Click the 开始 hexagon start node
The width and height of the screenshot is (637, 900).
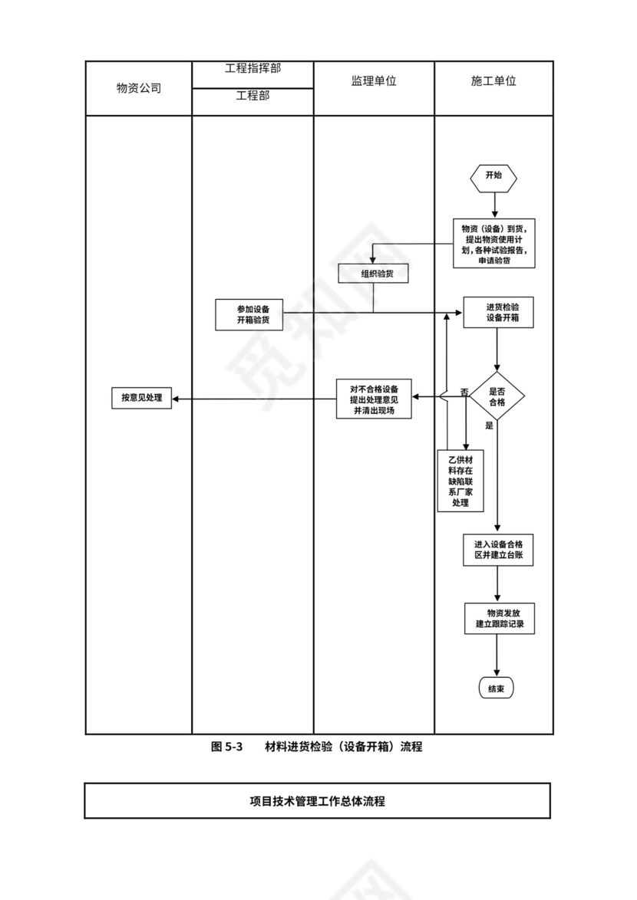point(493,176)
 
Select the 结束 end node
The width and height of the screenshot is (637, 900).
point(496,688)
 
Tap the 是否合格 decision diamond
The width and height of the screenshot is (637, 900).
point(497,396)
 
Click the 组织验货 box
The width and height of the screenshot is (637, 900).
point(373,273)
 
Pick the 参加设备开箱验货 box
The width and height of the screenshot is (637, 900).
point(248,314)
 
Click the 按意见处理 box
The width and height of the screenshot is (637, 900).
point(141,398)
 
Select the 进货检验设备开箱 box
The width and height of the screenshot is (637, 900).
point(497,312)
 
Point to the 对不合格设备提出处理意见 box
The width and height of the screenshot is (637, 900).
point(374,399)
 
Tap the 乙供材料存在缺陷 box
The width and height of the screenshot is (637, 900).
point(460,480)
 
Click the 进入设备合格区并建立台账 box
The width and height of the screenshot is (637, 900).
point(497,549)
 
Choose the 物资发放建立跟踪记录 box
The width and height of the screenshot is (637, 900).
point(497,619)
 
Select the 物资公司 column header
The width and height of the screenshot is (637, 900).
point(139,88)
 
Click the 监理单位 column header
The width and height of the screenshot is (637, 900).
point(374,81)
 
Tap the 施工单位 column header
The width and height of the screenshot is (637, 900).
point(493,81)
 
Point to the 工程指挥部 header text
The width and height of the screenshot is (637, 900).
point(252,68)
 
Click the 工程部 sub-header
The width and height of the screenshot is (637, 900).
point(252,97)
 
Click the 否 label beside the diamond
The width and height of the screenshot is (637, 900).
point(464,393)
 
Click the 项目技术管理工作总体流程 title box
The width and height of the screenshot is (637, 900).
point(317,801)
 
